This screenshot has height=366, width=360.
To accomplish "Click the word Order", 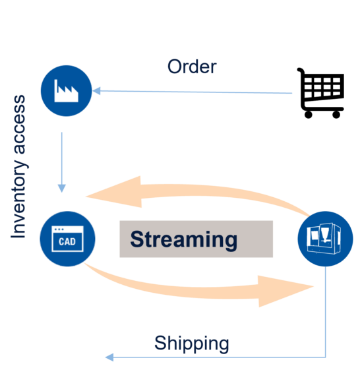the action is (x=192, y=67).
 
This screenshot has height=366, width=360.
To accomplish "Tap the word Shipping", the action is (x=192, y=344).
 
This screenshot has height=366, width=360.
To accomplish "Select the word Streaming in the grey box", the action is (x=183, y=240).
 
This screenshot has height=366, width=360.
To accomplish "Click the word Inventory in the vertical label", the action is (x=19, y=198).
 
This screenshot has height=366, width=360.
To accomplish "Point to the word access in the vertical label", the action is (x=19, y=124).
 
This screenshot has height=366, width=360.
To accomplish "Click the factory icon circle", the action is (x=66, y=91).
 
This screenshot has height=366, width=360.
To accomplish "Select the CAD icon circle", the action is (x=67, y=239).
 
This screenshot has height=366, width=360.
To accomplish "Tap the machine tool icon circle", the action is (x=325, y=239).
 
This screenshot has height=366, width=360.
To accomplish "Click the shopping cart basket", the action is (x=324, y=87).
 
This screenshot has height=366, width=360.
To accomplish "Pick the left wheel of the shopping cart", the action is (x=308, y=115).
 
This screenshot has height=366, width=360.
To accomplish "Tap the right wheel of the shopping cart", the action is (x=336, y=115).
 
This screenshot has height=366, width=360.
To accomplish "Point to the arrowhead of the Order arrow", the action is (x=96, y=91).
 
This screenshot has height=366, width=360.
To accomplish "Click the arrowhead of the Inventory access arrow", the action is (x=61, y=189).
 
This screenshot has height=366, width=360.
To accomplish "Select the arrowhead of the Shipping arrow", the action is (x=109, y=357).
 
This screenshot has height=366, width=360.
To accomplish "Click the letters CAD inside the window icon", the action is (x=67, y=241).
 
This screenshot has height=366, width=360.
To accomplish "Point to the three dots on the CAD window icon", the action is (x=59, y=229).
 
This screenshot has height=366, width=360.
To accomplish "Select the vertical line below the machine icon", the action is (x=325, y=312).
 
